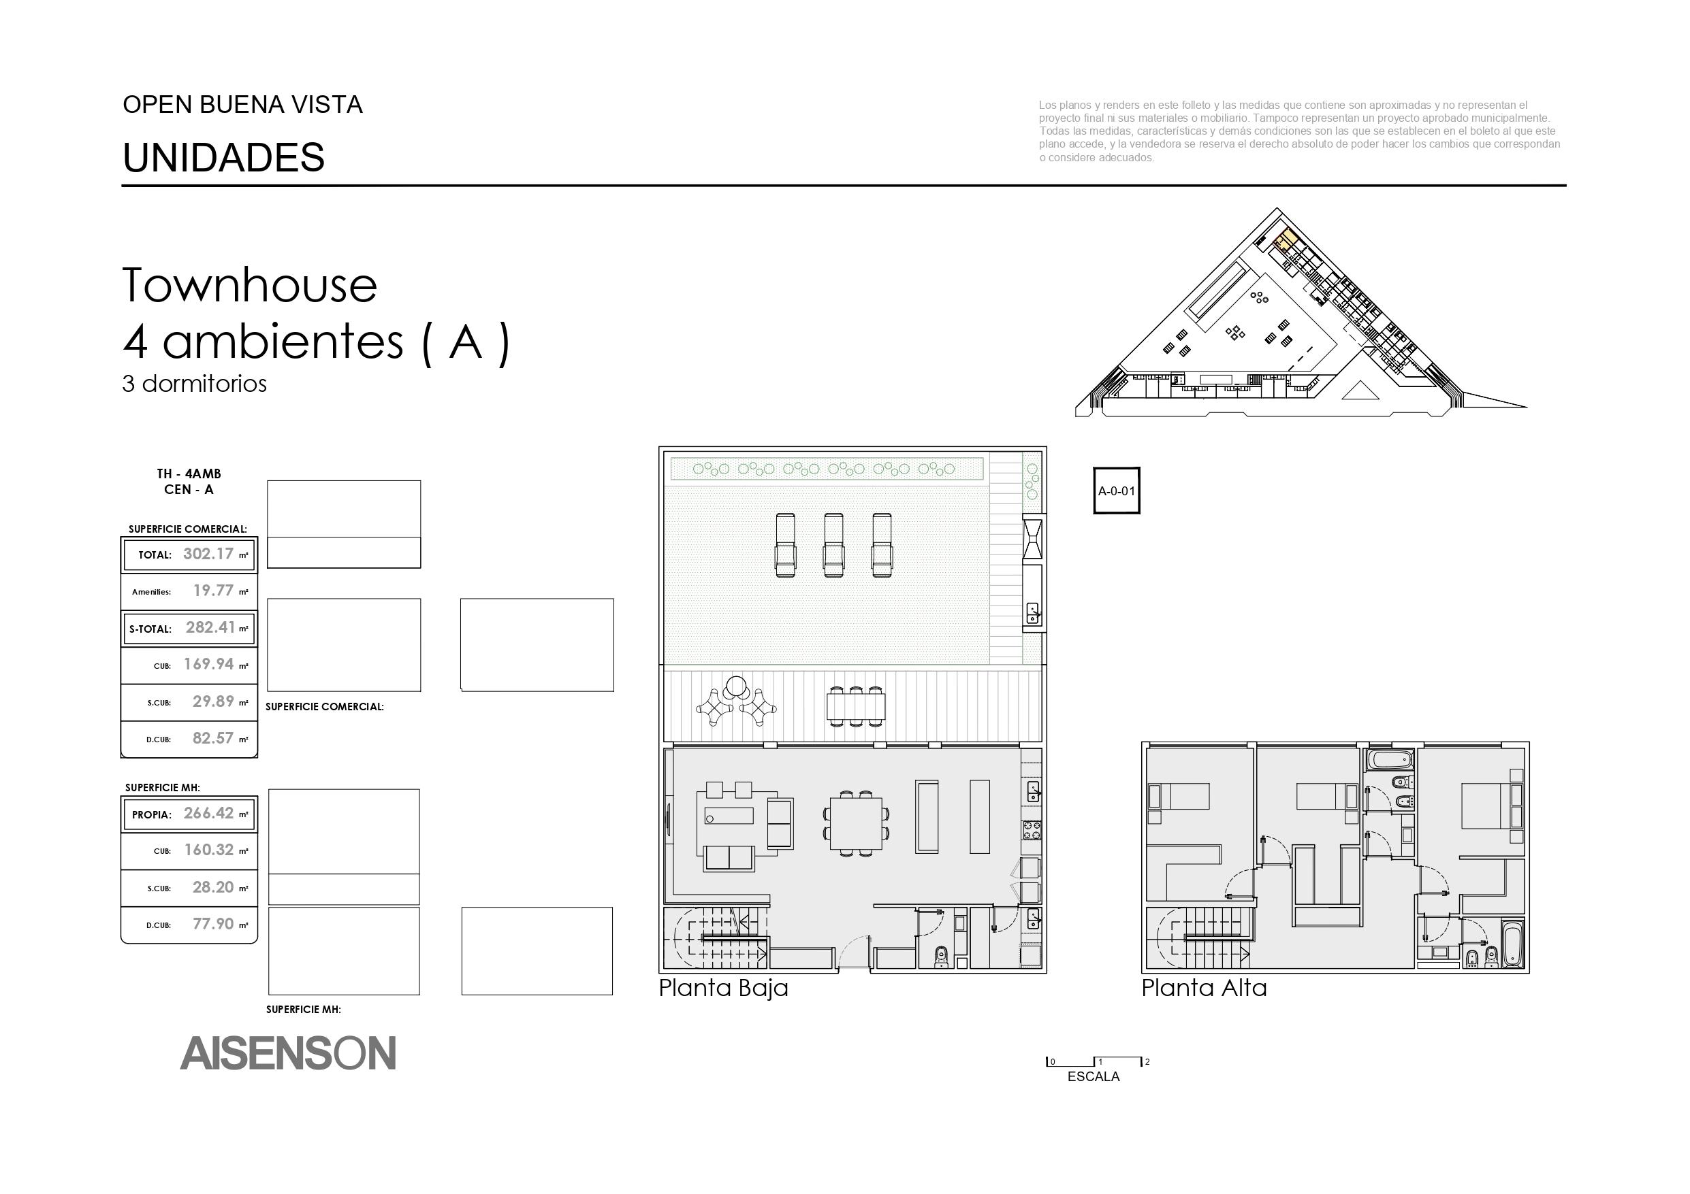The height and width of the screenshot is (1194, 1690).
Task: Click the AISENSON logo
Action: pyautogui.click(x=288, y=1052)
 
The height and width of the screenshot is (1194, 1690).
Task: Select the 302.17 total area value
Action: pyautogui.click(x=208, y=554)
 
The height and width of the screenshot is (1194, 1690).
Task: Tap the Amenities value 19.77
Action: pyautogui.click(x=213, y=591)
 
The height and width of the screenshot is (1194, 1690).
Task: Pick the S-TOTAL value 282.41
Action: pyautogui.click(x=210, y=627)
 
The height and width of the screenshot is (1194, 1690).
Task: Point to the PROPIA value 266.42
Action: pyautogui.click(x=209, y=813)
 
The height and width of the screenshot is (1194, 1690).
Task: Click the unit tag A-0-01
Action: pyautogui.click(x=1117, y=491)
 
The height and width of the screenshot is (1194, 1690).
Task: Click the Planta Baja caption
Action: pyautogui.click(x=724, y=988)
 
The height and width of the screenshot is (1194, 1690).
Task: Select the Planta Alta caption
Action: pyautogui.click(x=1205, y=988)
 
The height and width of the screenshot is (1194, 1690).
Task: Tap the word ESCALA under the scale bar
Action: pyautogui.click(x=1094, y=1077)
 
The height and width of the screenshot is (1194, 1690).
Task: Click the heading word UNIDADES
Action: pyautogui.click(x=224, y=157)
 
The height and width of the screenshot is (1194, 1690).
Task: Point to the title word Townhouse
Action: pyautogui.click(x=249, y=286)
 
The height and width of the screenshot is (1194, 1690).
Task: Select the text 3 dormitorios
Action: pyautogui.click(x=194, y=384)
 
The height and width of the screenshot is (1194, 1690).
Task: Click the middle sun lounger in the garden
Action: pyautogui.click(x=834, y=544)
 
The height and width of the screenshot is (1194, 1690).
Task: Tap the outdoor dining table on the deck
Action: pyautogui.click(x=855, y=706)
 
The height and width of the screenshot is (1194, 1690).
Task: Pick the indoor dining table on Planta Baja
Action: pyautogui.click(x=855, y=823)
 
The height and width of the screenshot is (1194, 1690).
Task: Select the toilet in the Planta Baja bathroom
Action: pyautogui.click(x=940, y=956)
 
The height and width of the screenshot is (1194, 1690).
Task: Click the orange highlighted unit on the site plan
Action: pyautogui.click(x=1288, y=238)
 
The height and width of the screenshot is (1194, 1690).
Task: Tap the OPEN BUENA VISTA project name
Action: pyautogui.click(x=243, y=105)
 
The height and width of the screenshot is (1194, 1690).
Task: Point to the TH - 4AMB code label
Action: pyautogui.click(x=189, y=474)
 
